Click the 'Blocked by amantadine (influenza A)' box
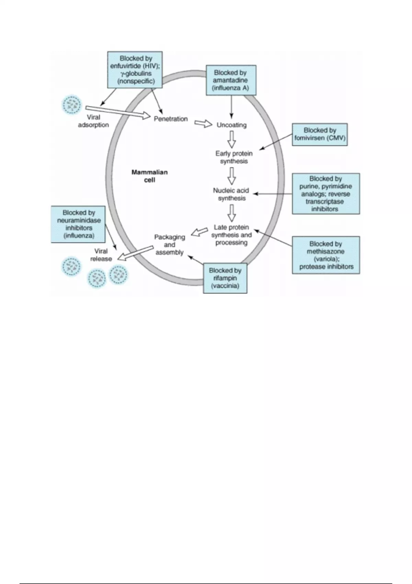click(x=231, y=80)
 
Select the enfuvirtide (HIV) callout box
click(x=135, y=70)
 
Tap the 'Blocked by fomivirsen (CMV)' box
click(x=320, y=134)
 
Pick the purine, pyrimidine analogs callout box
click(x=325, y=194)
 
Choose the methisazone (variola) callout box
click(x=325, y=255)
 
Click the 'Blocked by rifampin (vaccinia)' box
click(x=225, y=278)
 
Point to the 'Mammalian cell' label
click(x=149, y=176)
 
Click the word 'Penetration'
click(x=171, y=119)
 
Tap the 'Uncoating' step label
click(x=231, y=125)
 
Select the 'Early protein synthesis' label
click(x=234, y=157)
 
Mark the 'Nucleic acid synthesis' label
click(x=231, y=194)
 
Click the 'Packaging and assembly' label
click(x=170, y=245)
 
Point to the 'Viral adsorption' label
click(x=93, y=121)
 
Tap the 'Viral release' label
click(x=101, y=255)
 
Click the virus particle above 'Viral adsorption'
click(x=72, y=104)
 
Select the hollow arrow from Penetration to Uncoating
click(x=203, y=123)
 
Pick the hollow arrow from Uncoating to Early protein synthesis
click(x=232, y=139)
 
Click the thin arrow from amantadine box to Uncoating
click(x=231, y=106)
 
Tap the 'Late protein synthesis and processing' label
click(x=231, y=235)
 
